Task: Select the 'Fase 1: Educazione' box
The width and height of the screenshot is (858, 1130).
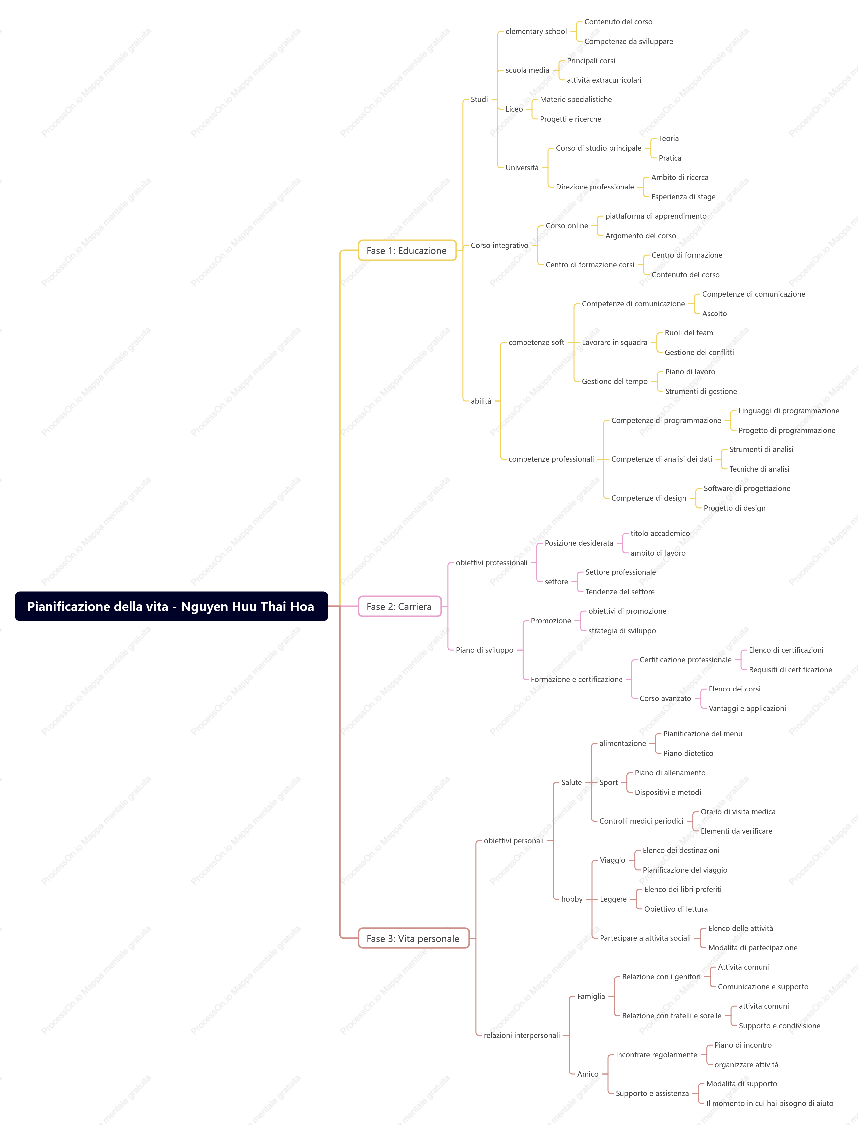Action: pyautogui.click(x=407, y=250)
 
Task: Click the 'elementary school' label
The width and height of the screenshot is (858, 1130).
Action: pyautogui.click(x=536, y=31)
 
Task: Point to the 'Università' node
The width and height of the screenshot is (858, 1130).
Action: pyautogui.click(x=522, y=168)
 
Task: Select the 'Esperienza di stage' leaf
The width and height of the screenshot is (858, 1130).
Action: pyautogui.click(x=683, y=197)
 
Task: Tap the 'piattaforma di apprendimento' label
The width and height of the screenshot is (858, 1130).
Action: pyautogui.click(x=656, y=216)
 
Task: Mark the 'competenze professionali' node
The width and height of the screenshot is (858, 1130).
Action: pyautogui.click(x=551, y=459)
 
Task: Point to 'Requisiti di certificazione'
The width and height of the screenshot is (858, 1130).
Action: pyautogui.click(x=790, y=670)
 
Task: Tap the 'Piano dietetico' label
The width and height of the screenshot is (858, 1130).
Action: pyautogui.click(x=688, y=753)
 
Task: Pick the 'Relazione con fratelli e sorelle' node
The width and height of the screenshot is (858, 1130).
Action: pyautogui.click(x=672, y=1016)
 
